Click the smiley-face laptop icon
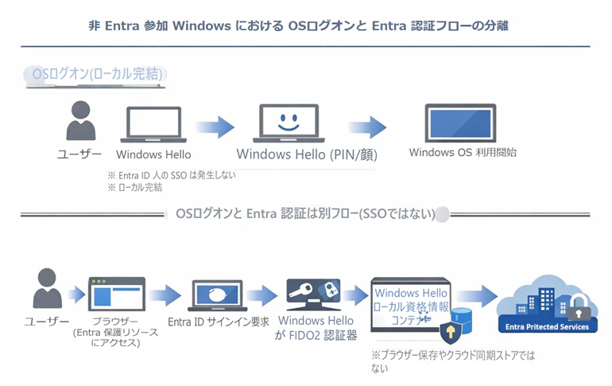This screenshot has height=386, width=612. (x=289, y=123)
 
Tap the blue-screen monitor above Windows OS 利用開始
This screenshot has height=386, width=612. (x=460, y=123)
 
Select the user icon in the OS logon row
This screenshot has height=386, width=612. (x=81, y=120)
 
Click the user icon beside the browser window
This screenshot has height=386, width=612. (x=47, y=288)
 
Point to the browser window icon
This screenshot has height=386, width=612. (x=117, y=294)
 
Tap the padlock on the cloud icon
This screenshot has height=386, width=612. (x=579, y=308)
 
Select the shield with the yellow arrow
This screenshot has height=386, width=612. (x=451, y=333)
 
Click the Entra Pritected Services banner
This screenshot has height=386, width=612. (x=547, y=326)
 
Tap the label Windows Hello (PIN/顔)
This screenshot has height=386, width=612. (x=307, y=154)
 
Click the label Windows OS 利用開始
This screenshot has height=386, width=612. (x=463, y=152)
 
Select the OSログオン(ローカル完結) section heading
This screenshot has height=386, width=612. (x=97, y=73)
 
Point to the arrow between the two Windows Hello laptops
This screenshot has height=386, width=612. (x=215, y=127)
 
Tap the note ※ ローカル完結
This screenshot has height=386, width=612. (x=134, y=188)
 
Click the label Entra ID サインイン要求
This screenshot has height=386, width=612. (x=219, y=322)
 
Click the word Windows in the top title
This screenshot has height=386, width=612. (x=202, y=25)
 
